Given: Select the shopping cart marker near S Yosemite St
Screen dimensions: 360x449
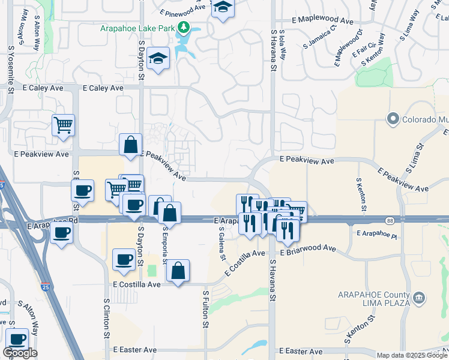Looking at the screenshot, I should pos(63,126).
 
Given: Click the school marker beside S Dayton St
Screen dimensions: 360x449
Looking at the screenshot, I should pos(158,59).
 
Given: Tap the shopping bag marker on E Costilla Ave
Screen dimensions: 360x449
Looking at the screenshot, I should pos(178,271).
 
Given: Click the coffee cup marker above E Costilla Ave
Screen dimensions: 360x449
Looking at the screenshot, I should pos(124,260).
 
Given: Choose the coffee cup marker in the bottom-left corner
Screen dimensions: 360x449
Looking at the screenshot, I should pos(16,340).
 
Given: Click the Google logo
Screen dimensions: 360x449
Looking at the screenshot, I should pos(20,353).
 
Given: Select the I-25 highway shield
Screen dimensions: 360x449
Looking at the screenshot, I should pos(46,289).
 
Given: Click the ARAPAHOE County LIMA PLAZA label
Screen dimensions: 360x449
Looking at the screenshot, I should pos(372,299).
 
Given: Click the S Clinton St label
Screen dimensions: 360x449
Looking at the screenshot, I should pos(107,318).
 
